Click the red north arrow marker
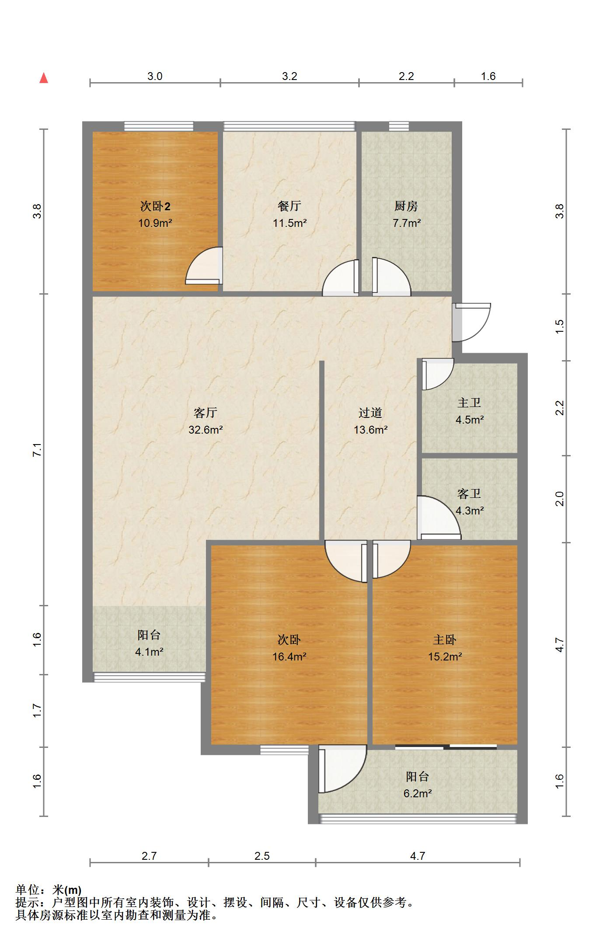point(43,78)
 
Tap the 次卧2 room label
point(155,206)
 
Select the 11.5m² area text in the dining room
point(289,223)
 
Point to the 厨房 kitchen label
point(406,206)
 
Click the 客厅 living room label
point(206,413)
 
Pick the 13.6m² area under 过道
point(370,430)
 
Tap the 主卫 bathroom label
point(469,403)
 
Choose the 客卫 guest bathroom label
point(469,493)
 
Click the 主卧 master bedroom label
point(445,640)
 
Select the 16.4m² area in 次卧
point(289,657)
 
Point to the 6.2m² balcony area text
point(418,793)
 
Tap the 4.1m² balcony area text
point(149,652)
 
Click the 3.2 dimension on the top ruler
point(289,76)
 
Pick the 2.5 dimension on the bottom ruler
point(262,856)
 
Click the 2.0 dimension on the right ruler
point(560,499)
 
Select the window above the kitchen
point(399,126)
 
